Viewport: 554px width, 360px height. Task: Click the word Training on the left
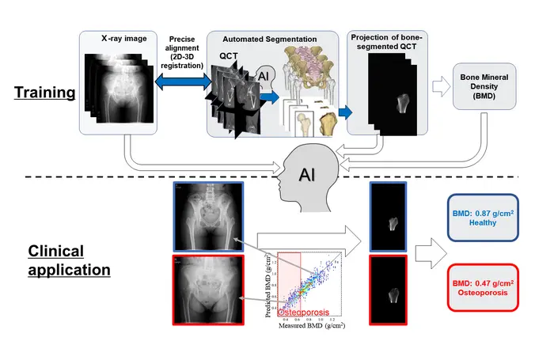point(44,93)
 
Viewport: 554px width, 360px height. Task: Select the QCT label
point(230,58)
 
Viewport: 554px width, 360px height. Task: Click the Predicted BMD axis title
point(269,286)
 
